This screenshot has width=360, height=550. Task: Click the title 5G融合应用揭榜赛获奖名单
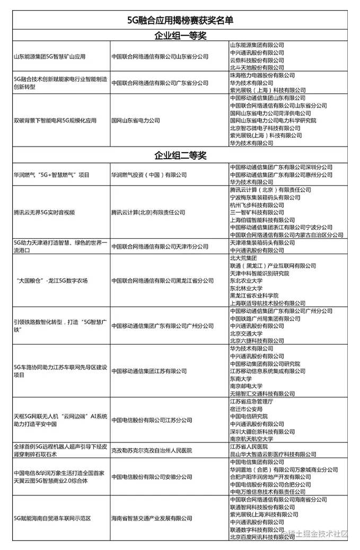(180, 20)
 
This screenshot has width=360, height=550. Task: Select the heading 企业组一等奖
(180, 36)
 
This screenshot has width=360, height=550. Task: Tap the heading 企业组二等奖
(180, 155)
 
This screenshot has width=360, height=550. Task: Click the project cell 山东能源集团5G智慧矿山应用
(50, 56)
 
